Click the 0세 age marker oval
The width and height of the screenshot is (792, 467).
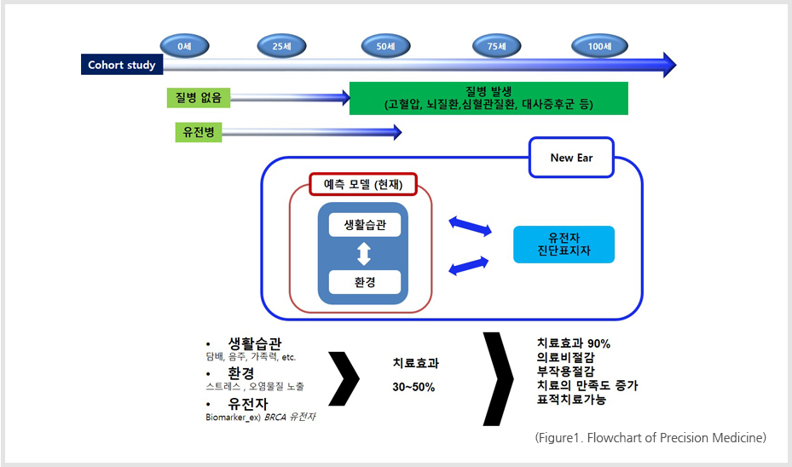point(184,46)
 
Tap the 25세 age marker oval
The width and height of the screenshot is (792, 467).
point(283,46)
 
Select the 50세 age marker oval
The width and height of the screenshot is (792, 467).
point(385,46)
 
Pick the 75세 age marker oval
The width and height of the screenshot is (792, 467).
point(497,46)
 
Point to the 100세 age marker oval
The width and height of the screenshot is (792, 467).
point(601,46)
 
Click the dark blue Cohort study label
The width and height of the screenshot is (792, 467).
point(122,65)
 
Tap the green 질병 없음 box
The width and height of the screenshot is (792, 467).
point(198,98)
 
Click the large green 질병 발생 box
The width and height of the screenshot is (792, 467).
point(488,98)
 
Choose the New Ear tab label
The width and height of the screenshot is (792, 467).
point(571,158)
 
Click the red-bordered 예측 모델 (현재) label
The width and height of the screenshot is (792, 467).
point(363,184)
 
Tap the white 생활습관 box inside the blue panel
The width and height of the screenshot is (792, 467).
point(364,224)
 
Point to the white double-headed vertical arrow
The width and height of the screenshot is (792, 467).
point(364,253)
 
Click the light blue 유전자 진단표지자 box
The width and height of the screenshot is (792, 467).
point(564,245)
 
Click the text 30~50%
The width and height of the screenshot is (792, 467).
point(413,387)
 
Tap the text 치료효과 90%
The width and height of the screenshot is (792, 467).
point(574,343)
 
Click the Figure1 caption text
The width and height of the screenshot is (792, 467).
point(650,438)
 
